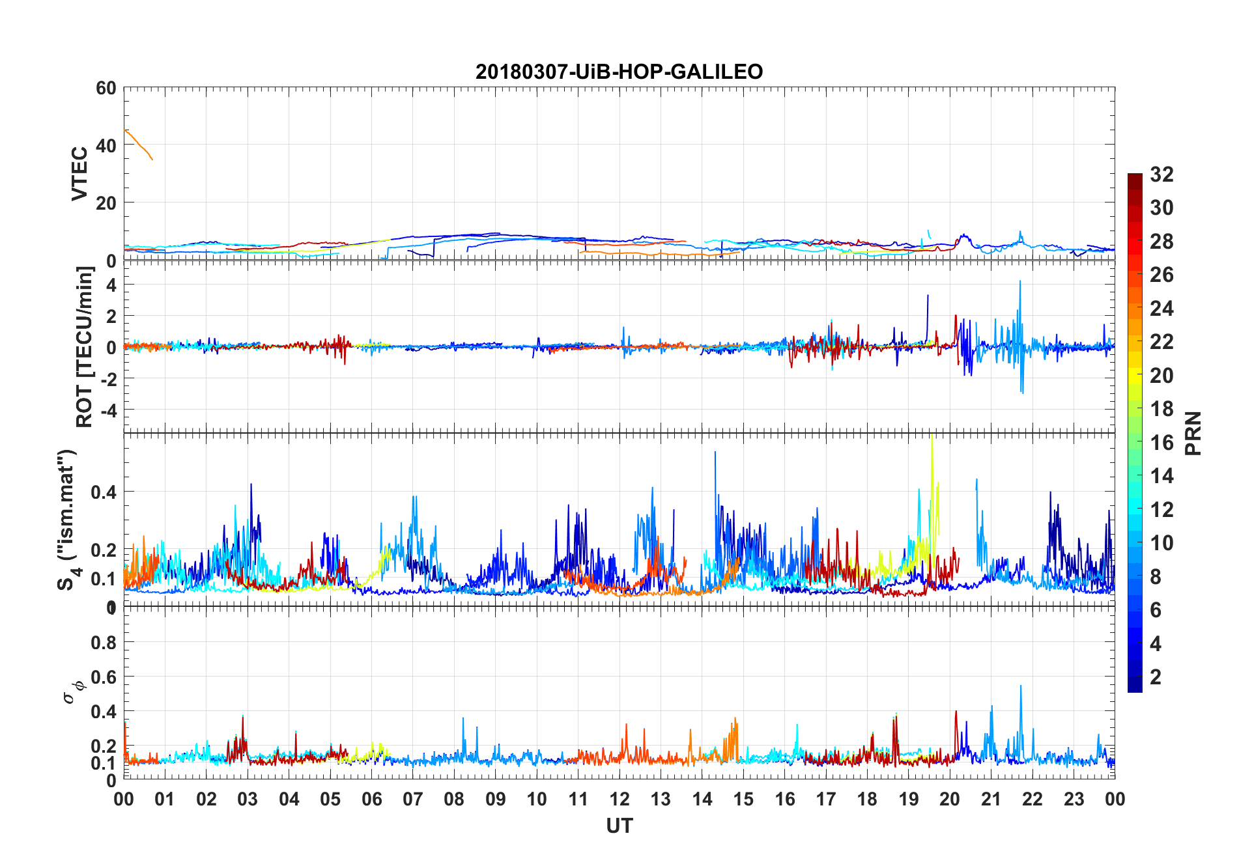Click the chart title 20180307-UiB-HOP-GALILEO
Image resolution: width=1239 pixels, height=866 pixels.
pyautogui.click(x=619, y=71)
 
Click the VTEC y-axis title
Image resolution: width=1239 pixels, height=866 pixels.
pyautogui.click(x=79, y=174)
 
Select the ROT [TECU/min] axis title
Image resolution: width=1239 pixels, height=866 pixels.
pyautogui.click(x=85, y=346)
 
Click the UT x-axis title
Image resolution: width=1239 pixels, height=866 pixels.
pyautogui.click(x=619, y=826)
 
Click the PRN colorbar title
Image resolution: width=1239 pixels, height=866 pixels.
pyautogui.click(x=1193, y=433)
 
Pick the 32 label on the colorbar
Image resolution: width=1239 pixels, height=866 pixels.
pyautogui.click(x=1161, y=175)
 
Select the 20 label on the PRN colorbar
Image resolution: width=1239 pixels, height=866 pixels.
pyautogui.click(x=1161, y=376)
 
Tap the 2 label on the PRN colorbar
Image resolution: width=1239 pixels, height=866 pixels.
pyautogui.click(x=1156, y=677)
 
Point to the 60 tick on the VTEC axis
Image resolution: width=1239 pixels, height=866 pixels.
pyautogui.click(x=106, y=88)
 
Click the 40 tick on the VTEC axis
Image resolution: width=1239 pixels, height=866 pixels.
pyautogui.click(x=106, y=145)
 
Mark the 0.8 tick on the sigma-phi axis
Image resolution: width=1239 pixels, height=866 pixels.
pyautogui.click(x=104, y=643)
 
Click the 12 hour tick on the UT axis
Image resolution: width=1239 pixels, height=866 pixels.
pyautogui.click(x=619, y=800)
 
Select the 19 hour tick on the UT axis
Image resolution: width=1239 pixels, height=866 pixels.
pyautogui.click(x=909, y=800)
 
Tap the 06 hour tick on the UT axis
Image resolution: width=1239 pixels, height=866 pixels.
pyautogui.click(x=371, y=800)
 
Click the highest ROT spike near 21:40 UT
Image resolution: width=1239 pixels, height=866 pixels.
pyautogui.click(x=1020, y=283)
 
